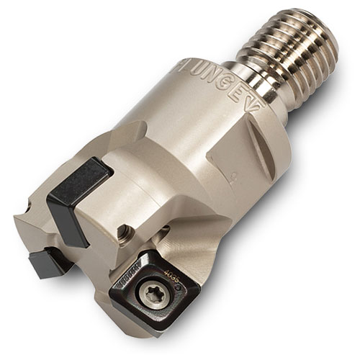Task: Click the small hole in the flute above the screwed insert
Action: (x=165, y=229)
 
